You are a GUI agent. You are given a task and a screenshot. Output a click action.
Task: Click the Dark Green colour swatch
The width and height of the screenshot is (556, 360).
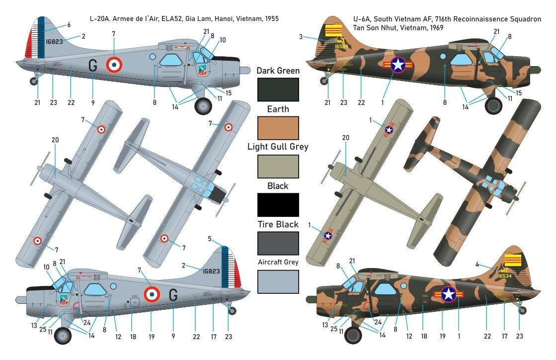click(x=278, y=90)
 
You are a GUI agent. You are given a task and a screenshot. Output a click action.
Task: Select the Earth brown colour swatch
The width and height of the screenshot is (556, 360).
click(x=278, y=128)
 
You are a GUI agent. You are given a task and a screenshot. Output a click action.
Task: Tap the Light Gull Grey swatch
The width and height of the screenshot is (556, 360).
click(x=278, y=167)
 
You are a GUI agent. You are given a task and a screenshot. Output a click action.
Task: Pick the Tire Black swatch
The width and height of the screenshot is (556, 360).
click(x=278, y=243)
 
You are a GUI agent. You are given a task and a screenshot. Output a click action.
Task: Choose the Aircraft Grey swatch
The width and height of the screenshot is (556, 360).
click(x=278, y=281)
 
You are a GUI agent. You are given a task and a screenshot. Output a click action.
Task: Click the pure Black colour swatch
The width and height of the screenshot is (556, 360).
click(x=278, y=205)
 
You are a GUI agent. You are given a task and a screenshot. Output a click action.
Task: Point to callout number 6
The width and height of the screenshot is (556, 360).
click(x=69, y=25)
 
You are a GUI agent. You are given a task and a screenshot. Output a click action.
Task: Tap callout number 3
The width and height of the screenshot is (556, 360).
click(x=301, y=36)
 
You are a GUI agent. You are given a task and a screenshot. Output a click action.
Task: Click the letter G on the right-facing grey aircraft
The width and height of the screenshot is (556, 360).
click(x=92, y=65)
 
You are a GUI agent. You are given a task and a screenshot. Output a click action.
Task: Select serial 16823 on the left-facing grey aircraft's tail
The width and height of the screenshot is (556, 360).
click(x=211, y=271)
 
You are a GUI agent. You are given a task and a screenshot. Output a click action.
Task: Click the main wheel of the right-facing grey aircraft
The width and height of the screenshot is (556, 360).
click(x=203, y=105)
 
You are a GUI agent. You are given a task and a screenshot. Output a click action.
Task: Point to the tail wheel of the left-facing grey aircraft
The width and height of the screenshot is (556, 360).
click(x=232, y=310)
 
